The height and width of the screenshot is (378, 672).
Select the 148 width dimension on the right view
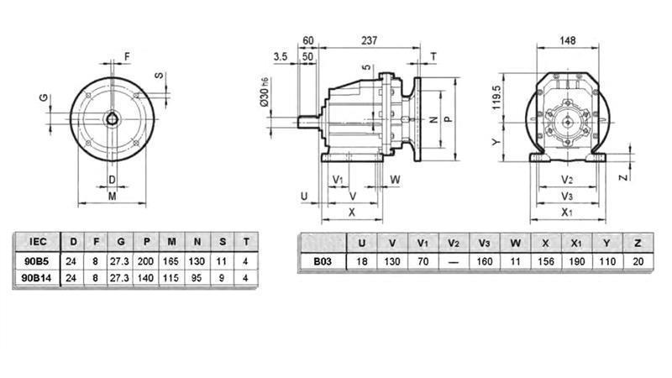point(567,39)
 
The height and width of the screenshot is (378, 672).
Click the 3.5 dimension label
point(280,56)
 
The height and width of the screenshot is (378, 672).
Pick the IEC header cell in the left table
point(37,243)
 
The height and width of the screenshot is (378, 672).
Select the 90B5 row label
point(37,260)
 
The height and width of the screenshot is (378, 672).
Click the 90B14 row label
point(37,276)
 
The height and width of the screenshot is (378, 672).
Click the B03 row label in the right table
point(323,261)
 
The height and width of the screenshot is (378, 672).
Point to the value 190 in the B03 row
point(576,261)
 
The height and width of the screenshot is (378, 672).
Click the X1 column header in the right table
point(576,244)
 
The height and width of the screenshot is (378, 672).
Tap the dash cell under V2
point(454,261)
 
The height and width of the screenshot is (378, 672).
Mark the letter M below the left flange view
point(113,197)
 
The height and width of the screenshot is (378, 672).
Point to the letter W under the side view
point(395,179)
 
